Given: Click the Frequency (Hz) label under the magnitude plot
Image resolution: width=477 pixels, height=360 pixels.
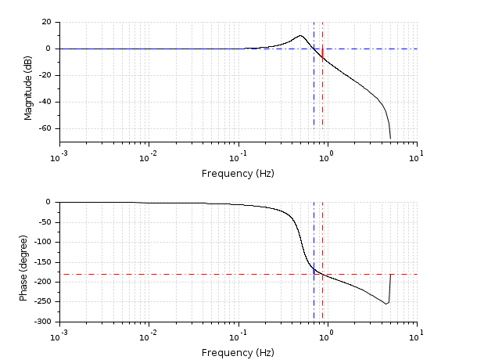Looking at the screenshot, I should pyautogui.click(x=238, y=173).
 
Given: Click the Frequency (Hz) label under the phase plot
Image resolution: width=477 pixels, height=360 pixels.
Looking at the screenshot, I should pyautogui.click(x=238, y=353).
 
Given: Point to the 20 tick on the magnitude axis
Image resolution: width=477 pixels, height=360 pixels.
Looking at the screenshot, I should pyautogui.click(x=47, y=23).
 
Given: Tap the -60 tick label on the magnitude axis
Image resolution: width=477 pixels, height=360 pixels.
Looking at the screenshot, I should pyautogui.click(x=45, y=128).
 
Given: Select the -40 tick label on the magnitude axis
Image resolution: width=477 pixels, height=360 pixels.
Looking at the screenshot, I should pyautogui.click(x=45, y=102).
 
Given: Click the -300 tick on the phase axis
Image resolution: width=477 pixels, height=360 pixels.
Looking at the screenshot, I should pyautogui.click(x=42, y=322).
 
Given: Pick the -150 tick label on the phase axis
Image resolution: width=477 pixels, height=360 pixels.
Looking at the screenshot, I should pyautogui.click(x=42, y=261).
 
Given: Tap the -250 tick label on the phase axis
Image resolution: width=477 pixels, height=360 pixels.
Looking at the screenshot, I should pyautogui.click(x=42, y=302).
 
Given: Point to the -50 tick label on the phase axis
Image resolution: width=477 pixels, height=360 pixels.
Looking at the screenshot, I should pyautogui.click(x=45, y=221).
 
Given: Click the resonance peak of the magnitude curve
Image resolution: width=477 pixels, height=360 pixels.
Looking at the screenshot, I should pyautogui.click(x=300, y=35).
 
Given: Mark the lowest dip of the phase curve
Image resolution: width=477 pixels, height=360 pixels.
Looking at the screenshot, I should pyautogui.click(x=386, y=304).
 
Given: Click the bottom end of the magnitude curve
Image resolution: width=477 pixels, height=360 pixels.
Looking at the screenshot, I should pyautogui.click(x=390, y=139).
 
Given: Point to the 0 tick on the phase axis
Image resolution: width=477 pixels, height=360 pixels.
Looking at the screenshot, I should pyautogui.click(x=50, y=202).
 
